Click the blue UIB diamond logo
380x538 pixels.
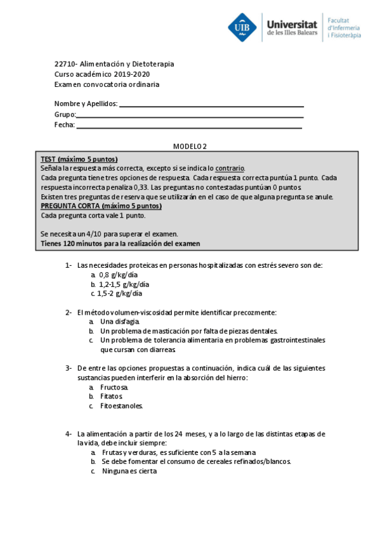coord(243,27)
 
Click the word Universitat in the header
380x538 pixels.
coord(294,22)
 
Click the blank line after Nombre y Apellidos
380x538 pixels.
coord(211,105)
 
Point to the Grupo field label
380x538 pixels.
coord(65,115)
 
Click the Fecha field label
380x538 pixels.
coord(64,125)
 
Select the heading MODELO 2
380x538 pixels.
coord(190,147)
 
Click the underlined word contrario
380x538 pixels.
coord(230,169)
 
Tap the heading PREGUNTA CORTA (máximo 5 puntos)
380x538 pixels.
coord(101,206)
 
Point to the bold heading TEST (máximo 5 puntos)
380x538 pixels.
coord(79,159)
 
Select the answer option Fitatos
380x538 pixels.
coord(112,397)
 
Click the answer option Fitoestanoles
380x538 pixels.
coord(121,406)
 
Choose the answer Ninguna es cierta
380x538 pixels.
coord(129,471)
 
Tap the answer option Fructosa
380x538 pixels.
coord(114,387)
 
